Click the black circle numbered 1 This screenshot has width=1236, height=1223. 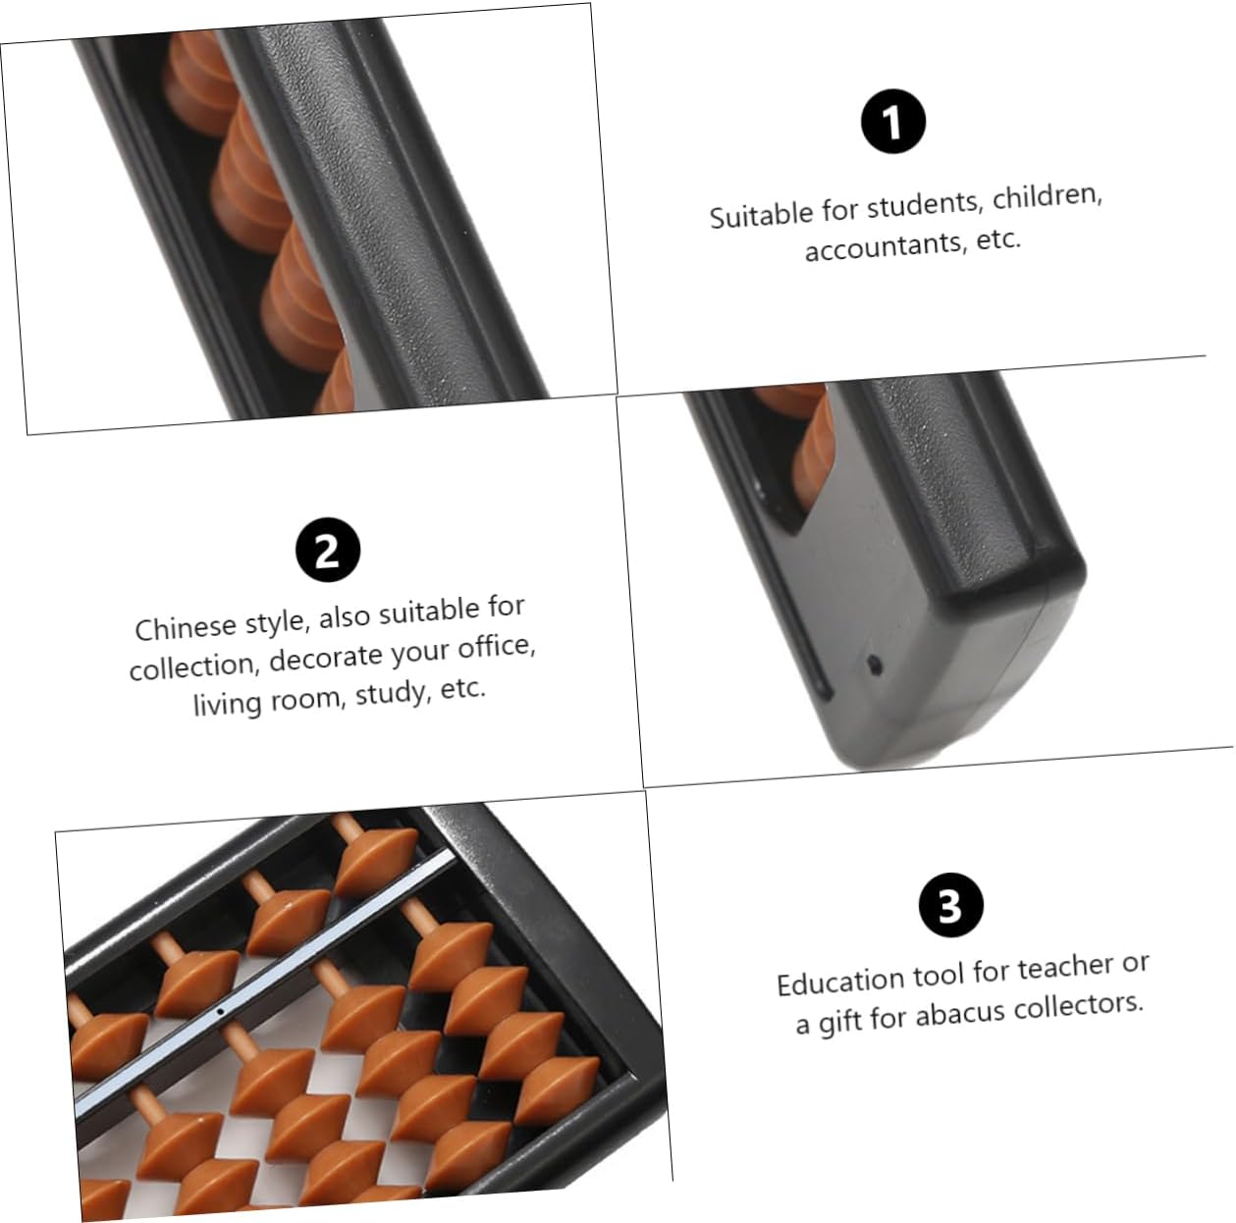click(x=892, y=121)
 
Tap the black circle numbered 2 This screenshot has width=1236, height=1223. click(x=328, y=550)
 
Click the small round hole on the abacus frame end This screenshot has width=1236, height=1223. click(x=875, y=665)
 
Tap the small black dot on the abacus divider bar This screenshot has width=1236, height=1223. click(x=220, y=1011)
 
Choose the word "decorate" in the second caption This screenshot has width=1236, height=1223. click(x=326, y=659)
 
